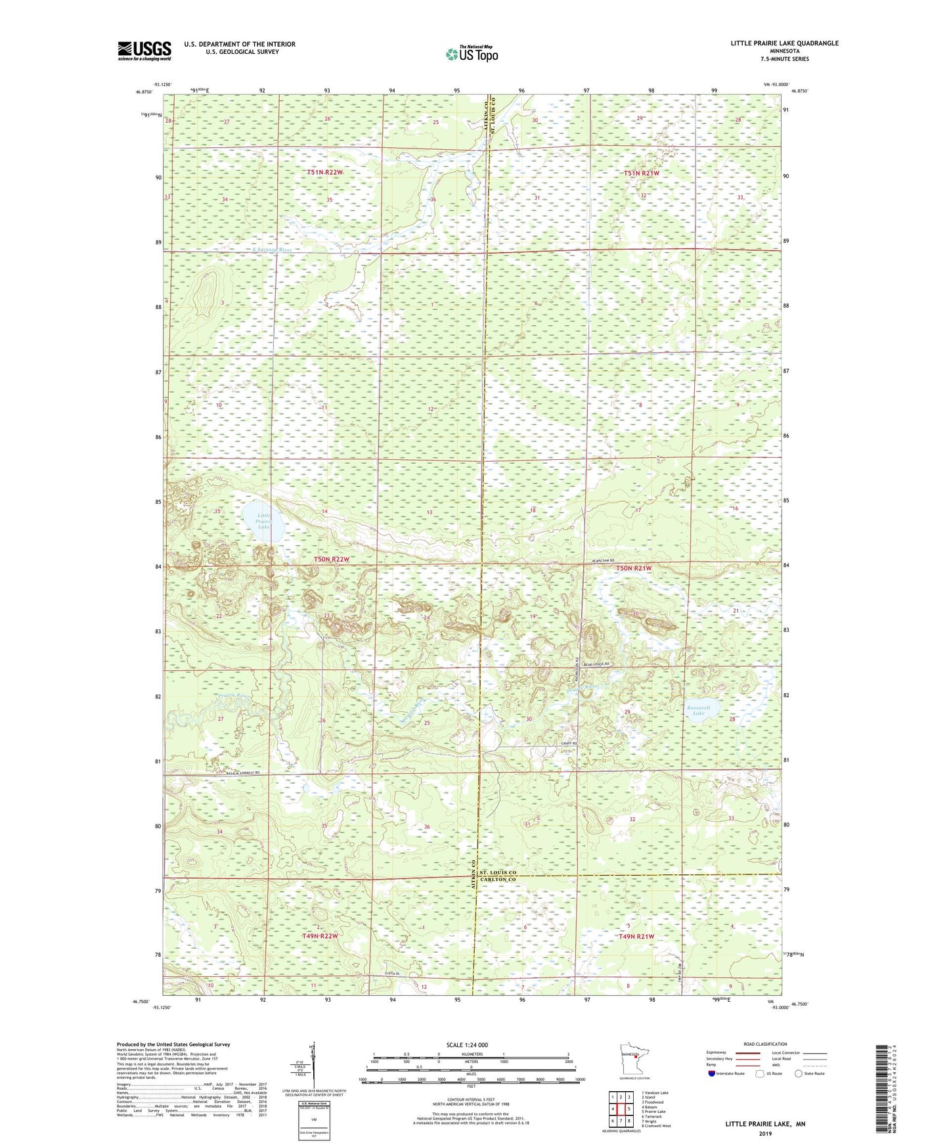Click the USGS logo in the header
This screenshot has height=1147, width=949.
[144, 50]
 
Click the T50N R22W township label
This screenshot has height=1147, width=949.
[330, 559]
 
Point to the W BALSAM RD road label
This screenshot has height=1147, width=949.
[607, 560]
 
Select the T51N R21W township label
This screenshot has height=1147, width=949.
[641, 173]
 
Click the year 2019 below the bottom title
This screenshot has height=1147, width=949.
[765, 1133]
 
